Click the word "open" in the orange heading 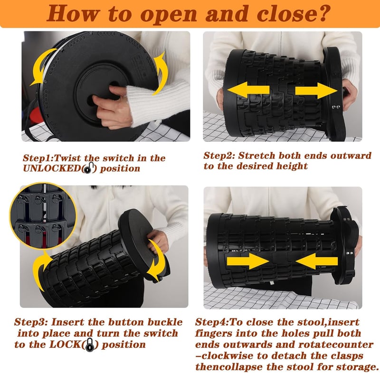168,14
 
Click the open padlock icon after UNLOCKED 87,168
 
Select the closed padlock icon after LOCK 90,345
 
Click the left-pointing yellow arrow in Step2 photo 248,90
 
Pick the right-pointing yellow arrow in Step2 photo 316,91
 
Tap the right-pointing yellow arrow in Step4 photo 247,261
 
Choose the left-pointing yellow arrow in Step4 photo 316,261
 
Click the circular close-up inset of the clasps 43,215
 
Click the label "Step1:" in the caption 38,159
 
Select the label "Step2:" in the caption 219,155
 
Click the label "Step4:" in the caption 211,322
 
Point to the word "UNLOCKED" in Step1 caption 51,168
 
